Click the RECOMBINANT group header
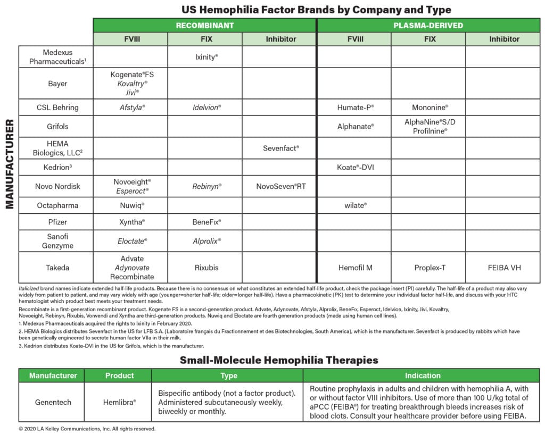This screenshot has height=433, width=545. (x=205, y=25)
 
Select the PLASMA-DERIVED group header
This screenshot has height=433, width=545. (x=428, y=25)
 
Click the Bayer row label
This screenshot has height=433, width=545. (x=57, y=84)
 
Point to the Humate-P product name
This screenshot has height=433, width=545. (x=356, y=107)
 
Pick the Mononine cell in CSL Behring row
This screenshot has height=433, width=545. (x=430, y=107)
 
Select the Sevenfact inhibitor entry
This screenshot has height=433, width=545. (x=281, y=148)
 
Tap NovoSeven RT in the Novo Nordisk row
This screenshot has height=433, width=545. (x=281, y=186)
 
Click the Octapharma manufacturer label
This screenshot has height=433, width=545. (x=57, y=205)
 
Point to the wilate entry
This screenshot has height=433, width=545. (x=356, y=205)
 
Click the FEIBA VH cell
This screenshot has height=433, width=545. (x=502, y=268)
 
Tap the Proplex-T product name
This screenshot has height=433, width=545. (x=429, y=268)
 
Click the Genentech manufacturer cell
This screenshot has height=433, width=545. (x=51, y=402)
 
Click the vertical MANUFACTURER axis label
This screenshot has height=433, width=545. (x=10, y=163)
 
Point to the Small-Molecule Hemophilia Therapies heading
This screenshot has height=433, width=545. (x=279, y=360)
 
